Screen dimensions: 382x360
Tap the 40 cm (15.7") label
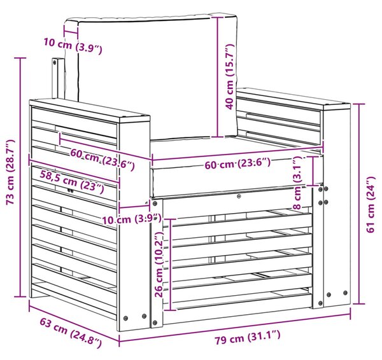pyautogui.click(x=229, y=77)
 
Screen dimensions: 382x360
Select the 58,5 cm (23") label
pyautogui.click(x=72, y=182)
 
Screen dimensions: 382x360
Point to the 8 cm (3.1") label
pyautogui.click(x=297, y=183)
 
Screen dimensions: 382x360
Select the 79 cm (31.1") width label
pyautogui.click(x=247, y=337)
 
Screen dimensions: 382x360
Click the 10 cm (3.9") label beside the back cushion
pyautogui.click(x=73, y=47)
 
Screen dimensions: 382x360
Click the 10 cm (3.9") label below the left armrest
pyautogui.click(x=132, y=219)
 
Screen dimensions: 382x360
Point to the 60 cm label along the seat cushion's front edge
pyautogui.click(x=237, y=163)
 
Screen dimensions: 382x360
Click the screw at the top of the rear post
pyautogui.click(x=54, y=62)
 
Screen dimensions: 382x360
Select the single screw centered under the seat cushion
pyautogui.click(x=240, y=196)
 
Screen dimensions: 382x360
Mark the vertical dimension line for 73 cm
pyautogui.click(x=20, y=177)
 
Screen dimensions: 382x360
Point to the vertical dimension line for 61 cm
pyautogui.click(x=359, y=204)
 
